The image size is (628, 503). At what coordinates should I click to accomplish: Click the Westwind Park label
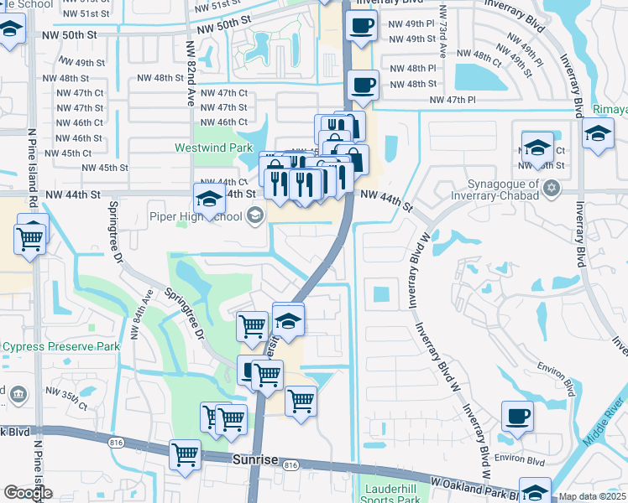point(213,148)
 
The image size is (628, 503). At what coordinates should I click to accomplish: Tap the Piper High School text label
point(195,217)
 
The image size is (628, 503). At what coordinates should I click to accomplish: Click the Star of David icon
point(552,186)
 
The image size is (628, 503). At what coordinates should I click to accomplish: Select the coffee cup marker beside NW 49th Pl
point(362,27)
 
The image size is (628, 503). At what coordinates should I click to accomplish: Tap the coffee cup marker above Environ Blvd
point(517,416)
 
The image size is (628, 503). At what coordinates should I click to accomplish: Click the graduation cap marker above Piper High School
point(209,199)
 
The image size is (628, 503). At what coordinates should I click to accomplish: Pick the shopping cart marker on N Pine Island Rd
point(30,240)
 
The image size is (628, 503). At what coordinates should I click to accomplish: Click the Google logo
point(28,493)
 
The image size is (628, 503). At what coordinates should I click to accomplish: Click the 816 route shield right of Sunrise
point(290,465)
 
